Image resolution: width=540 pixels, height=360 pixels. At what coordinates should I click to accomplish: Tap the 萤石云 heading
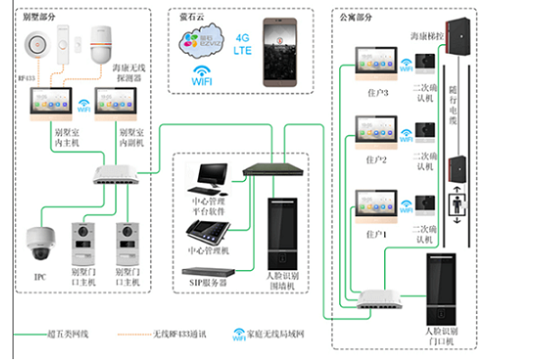194,15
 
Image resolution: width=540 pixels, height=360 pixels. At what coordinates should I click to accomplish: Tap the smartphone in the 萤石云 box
280,50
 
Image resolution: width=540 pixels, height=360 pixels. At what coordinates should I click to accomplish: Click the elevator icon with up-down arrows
459,208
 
